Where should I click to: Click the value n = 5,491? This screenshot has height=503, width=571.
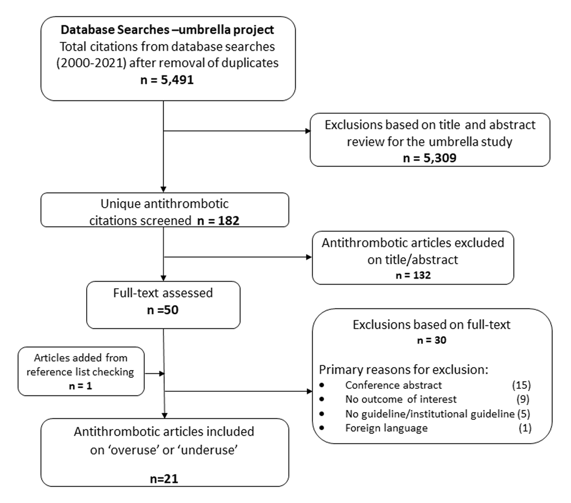pyautogui.click(x=167, y=80)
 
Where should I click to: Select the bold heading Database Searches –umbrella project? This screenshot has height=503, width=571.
pyautogui.click(x=167, y=30)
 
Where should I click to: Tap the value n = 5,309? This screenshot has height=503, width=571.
pyautogui.click(x=429, y=158)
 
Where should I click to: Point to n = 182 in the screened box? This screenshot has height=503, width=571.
pyautogui.click(x=217, y=220)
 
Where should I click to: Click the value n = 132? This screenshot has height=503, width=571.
pyautogui.click(x=413, y=275)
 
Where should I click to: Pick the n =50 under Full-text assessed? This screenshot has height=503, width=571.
pyautogui.click(x=163, y=310)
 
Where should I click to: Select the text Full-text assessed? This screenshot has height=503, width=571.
pyautogui.click(x=163, y=293)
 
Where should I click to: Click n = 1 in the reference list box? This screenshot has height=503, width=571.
pyautogui.click(x=80, y=386)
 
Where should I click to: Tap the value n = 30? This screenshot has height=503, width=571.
pyautogui.click(x=431, y=340)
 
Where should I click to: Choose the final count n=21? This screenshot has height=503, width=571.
pyautogui.click(x=165, y=478)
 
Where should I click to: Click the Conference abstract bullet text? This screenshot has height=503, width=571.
pyautogui.click(x=394, y=385)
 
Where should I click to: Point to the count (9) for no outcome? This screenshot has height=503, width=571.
pyautogui.click(x=522, y=399)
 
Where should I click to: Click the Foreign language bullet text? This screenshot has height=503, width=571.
pyautogui.click(x=386, y=428)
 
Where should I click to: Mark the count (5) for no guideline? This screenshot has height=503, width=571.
pyautogui.click(x=523, y=414)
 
